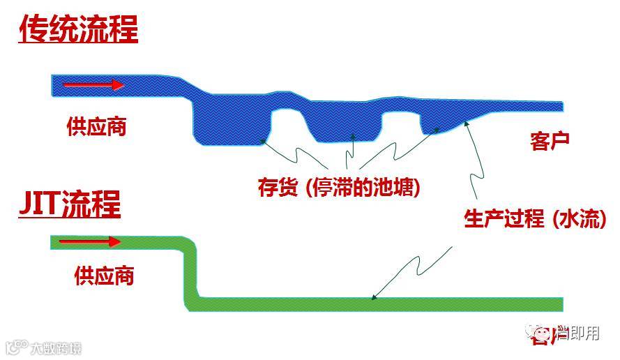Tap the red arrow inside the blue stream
coord(93,85)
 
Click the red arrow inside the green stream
coord(89,242)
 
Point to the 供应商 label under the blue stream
coord(96,126)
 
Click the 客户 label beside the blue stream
coord(550,140)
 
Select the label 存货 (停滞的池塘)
coord(339,188)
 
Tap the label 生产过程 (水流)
coord(535,219)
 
